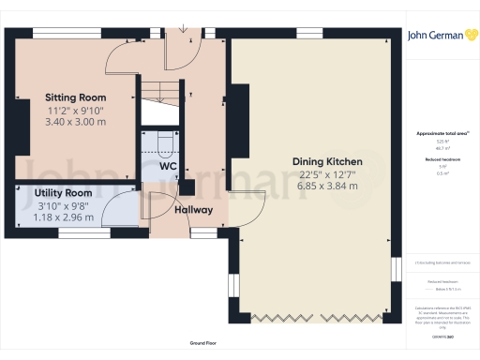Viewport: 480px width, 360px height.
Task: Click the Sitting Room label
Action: click(x=76, y=97)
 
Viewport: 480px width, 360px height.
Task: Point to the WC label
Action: click(x=168, y=166)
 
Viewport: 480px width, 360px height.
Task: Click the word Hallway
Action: click(x=192, y=210)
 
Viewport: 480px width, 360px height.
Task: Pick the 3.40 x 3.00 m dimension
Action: click(x=76, y=122)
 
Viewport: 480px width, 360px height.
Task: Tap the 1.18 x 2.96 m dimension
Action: click(x=64, y=217)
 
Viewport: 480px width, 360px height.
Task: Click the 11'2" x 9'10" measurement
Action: click(x=76, y=110)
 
